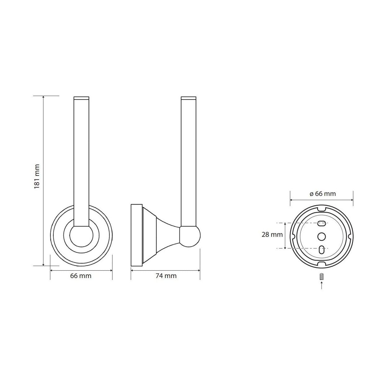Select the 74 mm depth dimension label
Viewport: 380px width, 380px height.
(x=166, y=276)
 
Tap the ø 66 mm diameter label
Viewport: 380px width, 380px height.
(x=322, y=194)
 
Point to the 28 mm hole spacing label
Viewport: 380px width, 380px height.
(x=272, y=235)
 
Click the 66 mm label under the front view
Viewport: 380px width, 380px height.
(x=81, y=276)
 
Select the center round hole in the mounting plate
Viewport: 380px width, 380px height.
(x=322, y=236)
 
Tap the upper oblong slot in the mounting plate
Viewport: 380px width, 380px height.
(x=321, y=224)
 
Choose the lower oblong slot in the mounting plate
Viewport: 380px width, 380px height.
(x=321, y=249)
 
